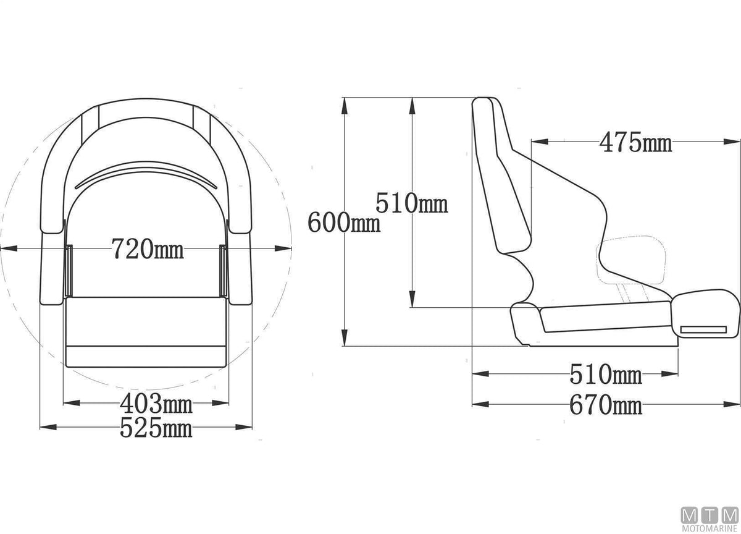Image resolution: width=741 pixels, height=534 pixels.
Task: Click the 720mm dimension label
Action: click(147, 249)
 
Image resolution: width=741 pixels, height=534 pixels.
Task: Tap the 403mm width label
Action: click(156, 404)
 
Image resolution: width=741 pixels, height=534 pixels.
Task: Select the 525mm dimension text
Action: click(156, 428)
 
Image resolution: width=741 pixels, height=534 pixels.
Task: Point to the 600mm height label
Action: click(344, 222)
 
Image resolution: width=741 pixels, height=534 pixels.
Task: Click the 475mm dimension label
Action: click(635, 143)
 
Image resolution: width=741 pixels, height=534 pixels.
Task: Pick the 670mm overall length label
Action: click(606, 405)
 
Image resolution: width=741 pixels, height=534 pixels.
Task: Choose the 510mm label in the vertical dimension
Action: click(412, 203)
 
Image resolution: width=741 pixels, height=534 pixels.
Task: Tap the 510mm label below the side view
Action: click(606, 375)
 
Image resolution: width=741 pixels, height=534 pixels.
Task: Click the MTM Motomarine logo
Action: click(710, 519)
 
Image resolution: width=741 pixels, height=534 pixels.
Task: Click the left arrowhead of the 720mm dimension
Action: click(9, 248)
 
